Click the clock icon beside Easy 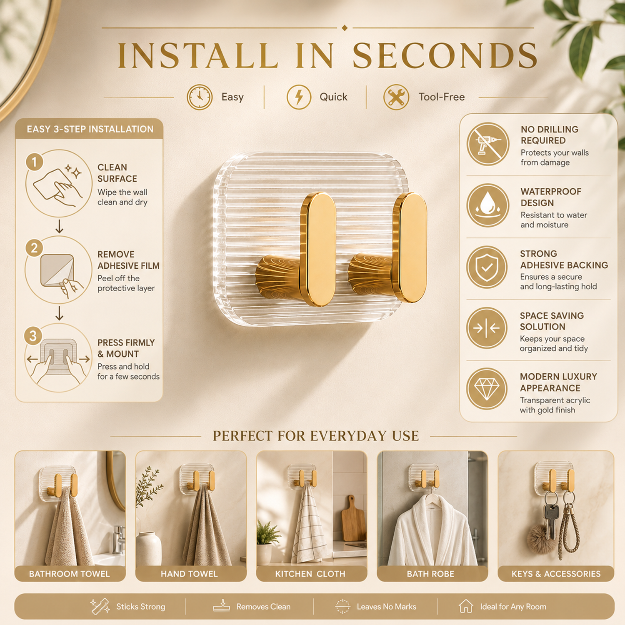coord(200,97)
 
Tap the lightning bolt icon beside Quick coord(299,97)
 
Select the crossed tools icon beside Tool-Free coord(396,97)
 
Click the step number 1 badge coord(35,162)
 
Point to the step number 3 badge coord(33,336)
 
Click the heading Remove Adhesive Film coord(128,260)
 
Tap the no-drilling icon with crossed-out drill coord(487,144)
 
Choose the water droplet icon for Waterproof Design coord(487,205)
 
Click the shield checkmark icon coord(487,267)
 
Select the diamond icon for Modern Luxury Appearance coord(487,389)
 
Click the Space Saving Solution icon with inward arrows coord(487,328)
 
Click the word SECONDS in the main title coord(445,56)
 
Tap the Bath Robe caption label coord(431,574)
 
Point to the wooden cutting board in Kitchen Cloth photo coord(353,518)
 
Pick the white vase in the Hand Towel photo coord(149,548)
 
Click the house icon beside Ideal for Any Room coord(466,606)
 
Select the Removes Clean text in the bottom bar coord(263,607)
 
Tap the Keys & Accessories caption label coord(556,574)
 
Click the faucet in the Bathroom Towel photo coord(119,539)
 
